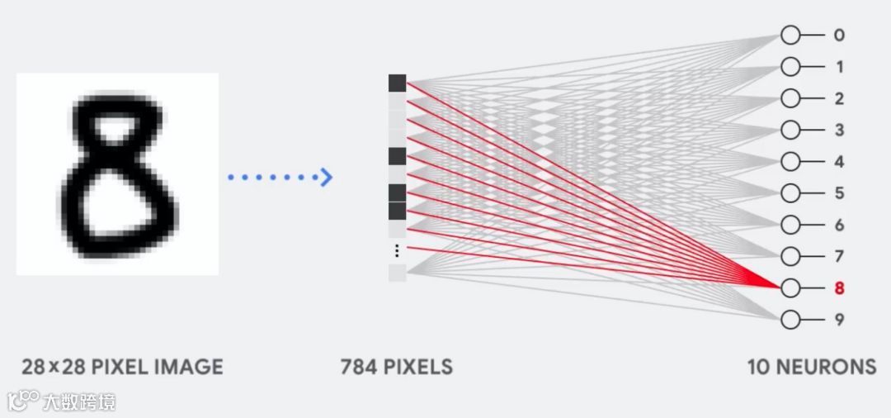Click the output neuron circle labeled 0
[x=790, y=36]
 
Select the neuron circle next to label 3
[x=790, y=131]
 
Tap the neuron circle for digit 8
[x=790, y=288]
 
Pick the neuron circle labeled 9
[x=790, y=320]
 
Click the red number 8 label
[x=839, y=288]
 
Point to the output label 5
[x=839, y=193]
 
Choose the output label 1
[x=839, y=67]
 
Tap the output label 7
[x=839, y=257]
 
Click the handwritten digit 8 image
[x=117, y=173]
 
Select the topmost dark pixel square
[x=397, y=83]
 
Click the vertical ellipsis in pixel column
[x=397, y=250]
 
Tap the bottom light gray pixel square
[x=397, y=273]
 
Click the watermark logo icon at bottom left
[x=22, y=401]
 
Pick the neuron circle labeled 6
[x=790, y=225]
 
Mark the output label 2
[x=839, y=99]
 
